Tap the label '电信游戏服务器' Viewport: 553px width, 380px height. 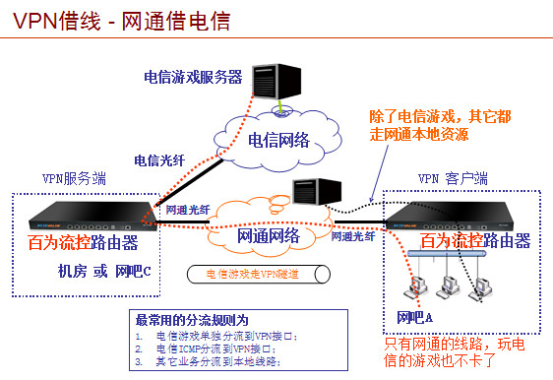(192, 77)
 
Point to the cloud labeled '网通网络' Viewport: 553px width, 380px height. (269, 236)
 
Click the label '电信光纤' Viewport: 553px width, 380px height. (158, 158)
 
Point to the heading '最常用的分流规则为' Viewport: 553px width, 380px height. (192, 320)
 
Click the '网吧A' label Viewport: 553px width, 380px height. (414, 318)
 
